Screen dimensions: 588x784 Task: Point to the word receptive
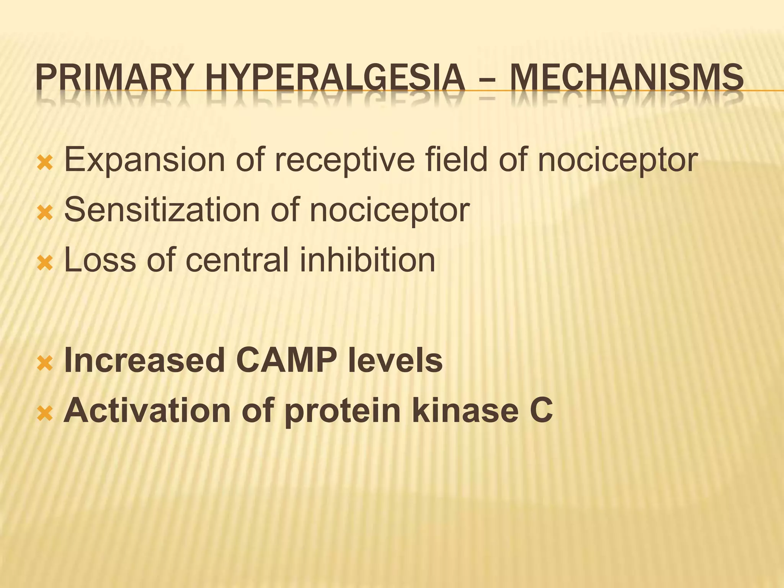click(345, 160)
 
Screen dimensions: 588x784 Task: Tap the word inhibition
click(367, 260)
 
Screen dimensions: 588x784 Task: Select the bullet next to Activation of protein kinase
click(45, 414)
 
